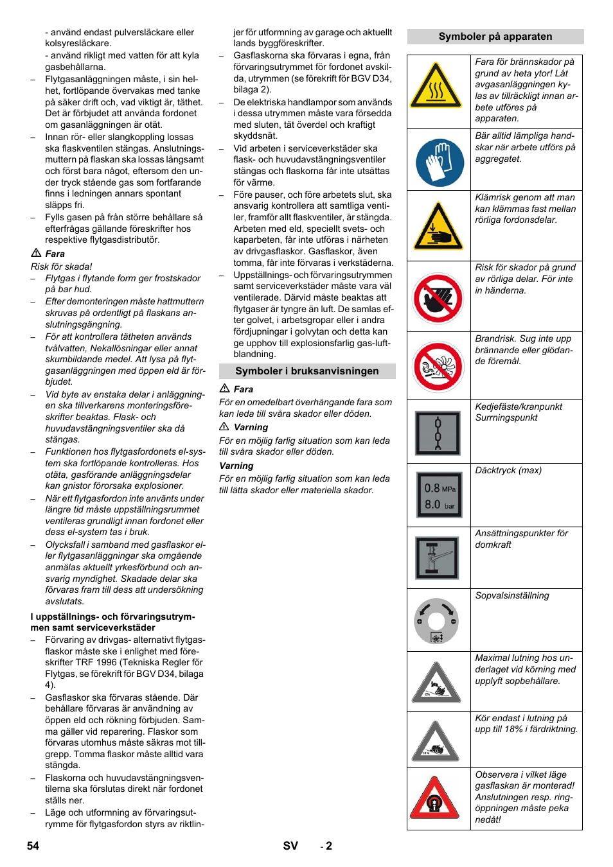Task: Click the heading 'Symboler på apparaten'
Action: coord(495,37)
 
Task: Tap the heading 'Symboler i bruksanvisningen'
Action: coord(306,371)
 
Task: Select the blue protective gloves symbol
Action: coord(440,162)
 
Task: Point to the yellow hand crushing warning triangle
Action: coord(438,227)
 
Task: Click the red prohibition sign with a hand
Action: coord(438,298)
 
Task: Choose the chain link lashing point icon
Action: coord(438,433)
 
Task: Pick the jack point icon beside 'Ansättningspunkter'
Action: coord(438,558)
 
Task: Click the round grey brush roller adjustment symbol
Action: coord(436,621)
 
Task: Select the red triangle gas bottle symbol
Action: coord(435,798)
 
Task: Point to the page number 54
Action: coord(33,846)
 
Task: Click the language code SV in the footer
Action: coord(290,846)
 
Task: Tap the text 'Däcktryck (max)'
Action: coord(508,471)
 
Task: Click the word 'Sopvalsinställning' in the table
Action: coord(512,596)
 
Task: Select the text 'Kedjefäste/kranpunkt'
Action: coord(519,407)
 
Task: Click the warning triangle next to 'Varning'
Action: coord(224,427)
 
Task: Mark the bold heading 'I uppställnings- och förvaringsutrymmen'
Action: coord(112,622)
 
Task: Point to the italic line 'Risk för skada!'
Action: coord(62,267)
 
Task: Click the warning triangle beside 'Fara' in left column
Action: coord(36,253)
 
